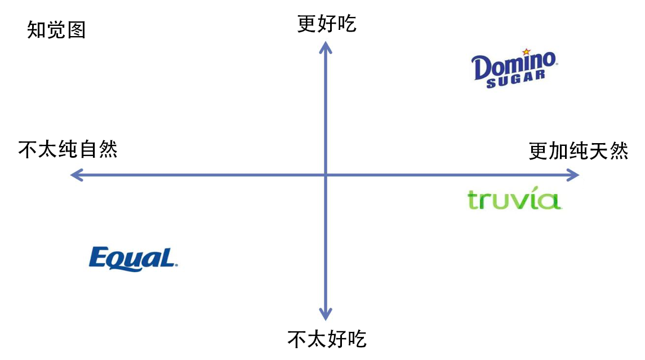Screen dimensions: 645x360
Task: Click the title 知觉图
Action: point(56,30)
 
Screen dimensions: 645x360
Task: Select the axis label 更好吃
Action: point(327,24)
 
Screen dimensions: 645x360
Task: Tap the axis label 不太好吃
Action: point(327,339)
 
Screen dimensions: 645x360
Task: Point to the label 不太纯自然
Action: point(68,150)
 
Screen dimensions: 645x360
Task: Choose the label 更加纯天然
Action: point(579,151)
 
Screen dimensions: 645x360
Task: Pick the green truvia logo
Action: point(514,200)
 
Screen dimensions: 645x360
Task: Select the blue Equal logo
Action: point(134,259)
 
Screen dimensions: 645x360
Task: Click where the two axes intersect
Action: point(326,175)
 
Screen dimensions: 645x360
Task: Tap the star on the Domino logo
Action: point(526,52)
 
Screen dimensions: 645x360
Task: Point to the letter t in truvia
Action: point(473,200)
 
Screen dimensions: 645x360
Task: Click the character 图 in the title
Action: point(76,30)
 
